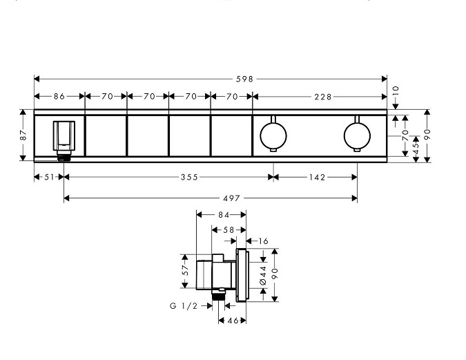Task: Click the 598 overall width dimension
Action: click(x=244, y=79)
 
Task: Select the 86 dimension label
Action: click(x=59, y=97)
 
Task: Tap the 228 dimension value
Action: click(x=323, y=97)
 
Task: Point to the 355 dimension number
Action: click(x=189, y=178)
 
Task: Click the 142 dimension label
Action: click(x=318, y=178)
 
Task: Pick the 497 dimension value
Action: click(x=231, y=198)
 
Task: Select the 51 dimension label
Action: click(x=49, y=178)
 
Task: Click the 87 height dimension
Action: click(x=23, y=135)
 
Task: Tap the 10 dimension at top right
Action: click(x=396, y=90)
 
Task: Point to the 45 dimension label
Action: click(x=416, y=148)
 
